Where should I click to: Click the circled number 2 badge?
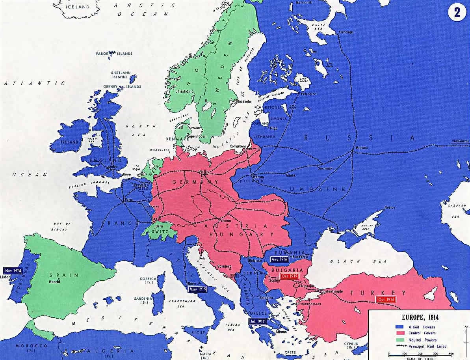(457, 12)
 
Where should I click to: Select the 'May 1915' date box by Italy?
(198, 289)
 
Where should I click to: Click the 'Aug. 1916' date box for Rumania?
(279, 259)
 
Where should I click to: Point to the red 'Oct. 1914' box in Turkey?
(386, 299)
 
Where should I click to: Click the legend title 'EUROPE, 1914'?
(419, 317)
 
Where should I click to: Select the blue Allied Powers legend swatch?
(399, 327)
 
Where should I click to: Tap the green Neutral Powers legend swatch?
(399, 339)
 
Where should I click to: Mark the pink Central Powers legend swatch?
(399, 333)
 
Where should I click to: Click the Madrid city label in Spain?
(54, 282)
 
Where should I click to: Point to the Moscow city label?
(362, 148)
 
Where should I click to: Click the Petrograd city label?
(308, 95)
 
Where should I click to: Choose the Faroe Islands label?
(114, 54)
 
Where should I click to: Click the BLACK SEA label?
(345, 261)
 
